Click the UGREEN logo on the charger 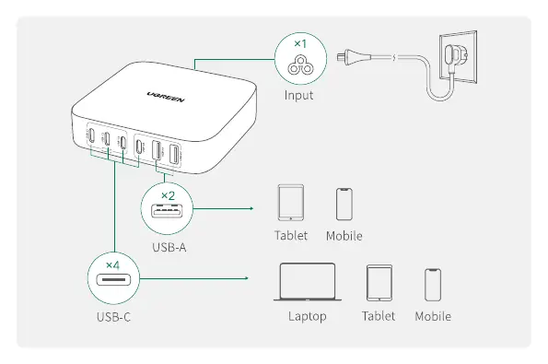166,97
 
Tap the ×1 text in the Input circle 300,43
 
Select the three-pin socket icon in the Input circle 300,65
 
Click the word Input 298,95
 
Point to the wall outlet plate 458,58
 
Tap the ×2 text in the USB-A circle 169,195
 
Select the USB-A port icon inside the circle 167,210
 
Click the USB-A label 169,248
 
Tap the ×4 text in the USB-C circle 113,265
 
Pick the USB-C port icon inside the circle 113,280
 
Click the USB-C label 113,317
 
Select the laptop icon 308,282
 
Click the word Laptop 308,316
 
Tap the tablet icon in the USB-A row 291,203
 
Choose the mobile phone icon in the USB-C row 433,285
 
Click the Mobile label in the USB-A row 344,236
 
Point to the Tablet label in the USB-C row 379,316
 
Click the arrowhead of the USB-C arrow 247,278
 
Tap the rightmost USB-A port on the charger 174,154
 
